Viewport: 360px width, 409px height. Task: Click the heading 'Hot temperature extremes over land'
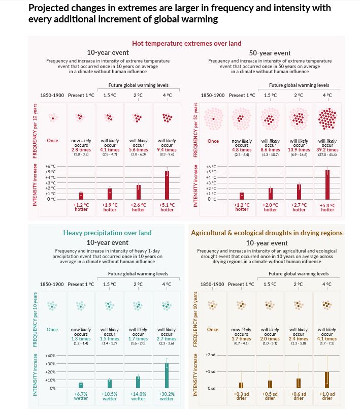186,43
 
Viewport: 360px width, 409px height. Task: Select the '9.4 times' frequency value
167,150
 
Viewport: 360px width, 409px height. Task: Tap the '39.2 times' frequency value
328,150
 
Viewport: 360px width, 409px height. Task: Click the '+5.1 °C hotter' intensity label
167,207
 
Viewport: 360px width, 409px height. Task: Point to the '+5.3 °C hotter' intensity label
328,207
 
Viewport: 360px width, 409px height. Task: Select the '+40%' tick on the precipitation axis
50,355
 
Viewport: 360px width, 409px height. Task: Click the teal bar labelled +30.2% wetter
167,375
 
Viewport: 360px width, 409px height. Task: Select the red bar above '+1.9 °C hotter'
109,194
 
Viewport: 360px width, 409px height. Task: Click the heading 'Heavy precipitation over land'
107,233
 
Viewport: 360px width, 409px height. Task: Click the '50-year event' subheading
270,53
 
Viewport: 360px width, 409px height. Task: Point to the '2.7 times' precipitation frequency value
167,338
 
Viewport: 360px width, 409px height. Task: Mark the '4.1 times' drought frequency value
327,338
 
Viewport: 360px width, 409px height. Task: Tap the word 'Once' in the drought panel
213,329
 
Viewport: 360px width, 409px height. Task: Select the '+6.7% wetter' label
81,396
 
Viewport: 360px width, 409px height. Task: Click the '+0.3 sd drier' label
241,396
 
